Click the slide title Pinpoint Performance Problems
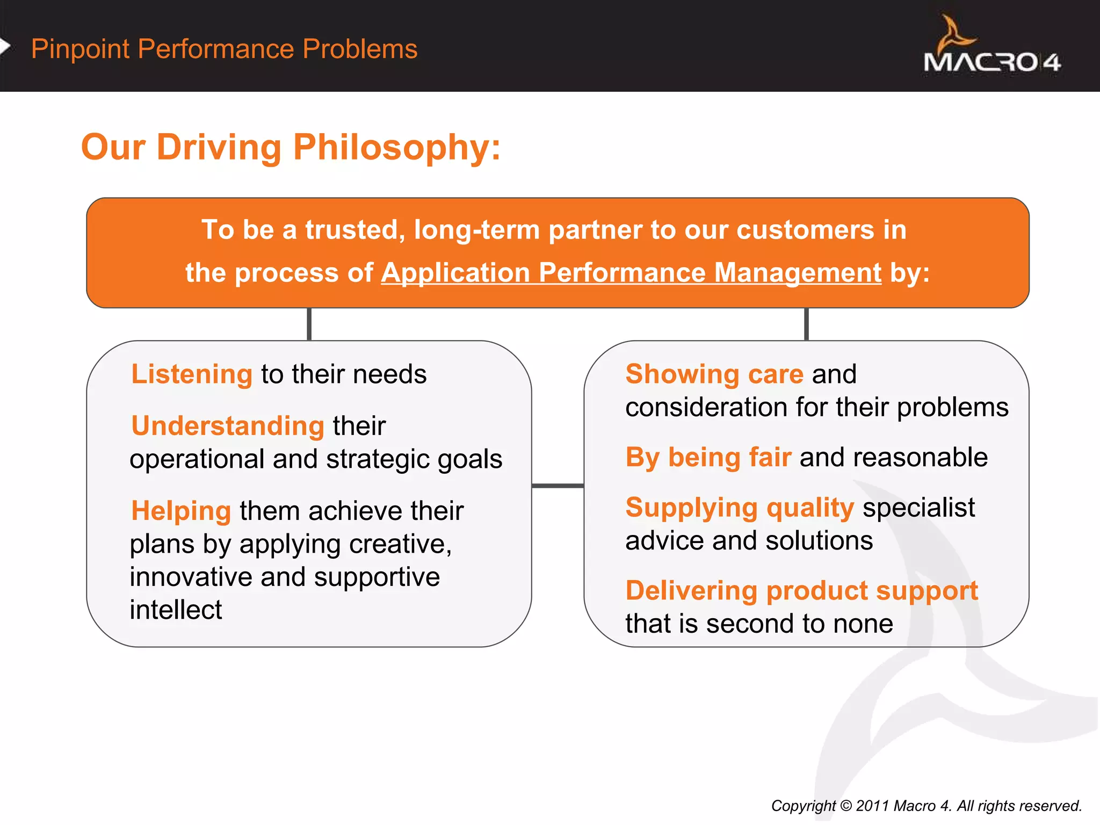[x=224, y=49]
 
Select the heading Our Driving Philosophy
[x=291, y=147]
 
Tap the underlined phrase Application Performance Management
[x=631, y=273]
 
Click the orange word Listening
[x=192, y=374]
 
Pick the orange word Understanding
[x=228, y=426]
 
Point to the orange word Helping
[x=181, y=511]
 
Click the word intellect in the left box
[x=176, y=610]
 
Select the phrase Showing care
[x=714, y=374]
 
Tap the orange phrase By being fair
[x=708, y=458]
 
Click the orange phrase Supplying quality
[x=740, y=508]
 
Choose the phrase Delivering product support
[x=801, y=591]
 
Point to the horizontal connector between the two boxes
[x=558, y=486]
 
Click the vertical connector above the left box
[x=309, y=324]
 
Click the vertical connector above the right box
[x=806, y=324]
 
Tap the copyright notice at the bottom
[x=926, y=806]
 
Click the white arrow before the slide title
[x=5, y=47]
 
